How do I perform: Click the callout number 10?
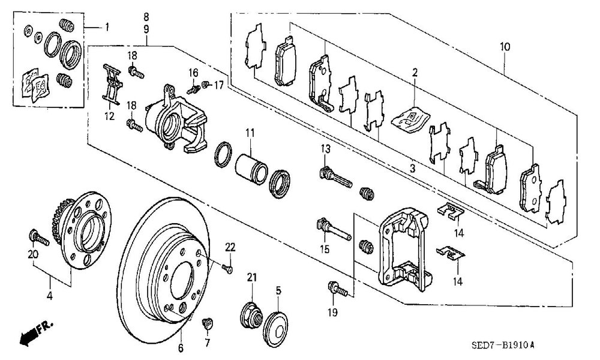(x=505, y=47)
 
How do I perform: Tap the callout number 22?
(x=230, y=247)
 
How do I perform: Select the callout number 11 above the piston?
(x=250, y=133)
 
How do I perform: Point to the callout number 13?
(x=325, y=149)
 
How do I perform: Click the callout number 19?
(x=333, y=313)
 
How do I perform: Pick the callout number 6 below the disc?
(x=181, y=348)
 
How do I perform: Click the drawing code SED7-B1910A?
(x=502, y=345)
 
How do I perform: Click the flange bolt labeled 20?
(x=38, y=237)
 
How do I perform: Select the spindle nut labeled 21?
(x=251, y=315)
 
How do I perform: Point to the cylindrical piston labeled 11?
(x=251, y=169)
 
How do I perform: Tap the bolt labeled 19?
(x=337, y=289)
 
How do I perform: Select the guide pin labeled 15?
(x=334, y=229)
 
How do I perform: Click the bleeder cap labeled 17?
(x=206, y=84)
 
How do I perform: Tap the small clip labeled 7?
(x=208, y=323)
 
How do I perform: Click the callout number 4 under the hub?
(x=49, y=295)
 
